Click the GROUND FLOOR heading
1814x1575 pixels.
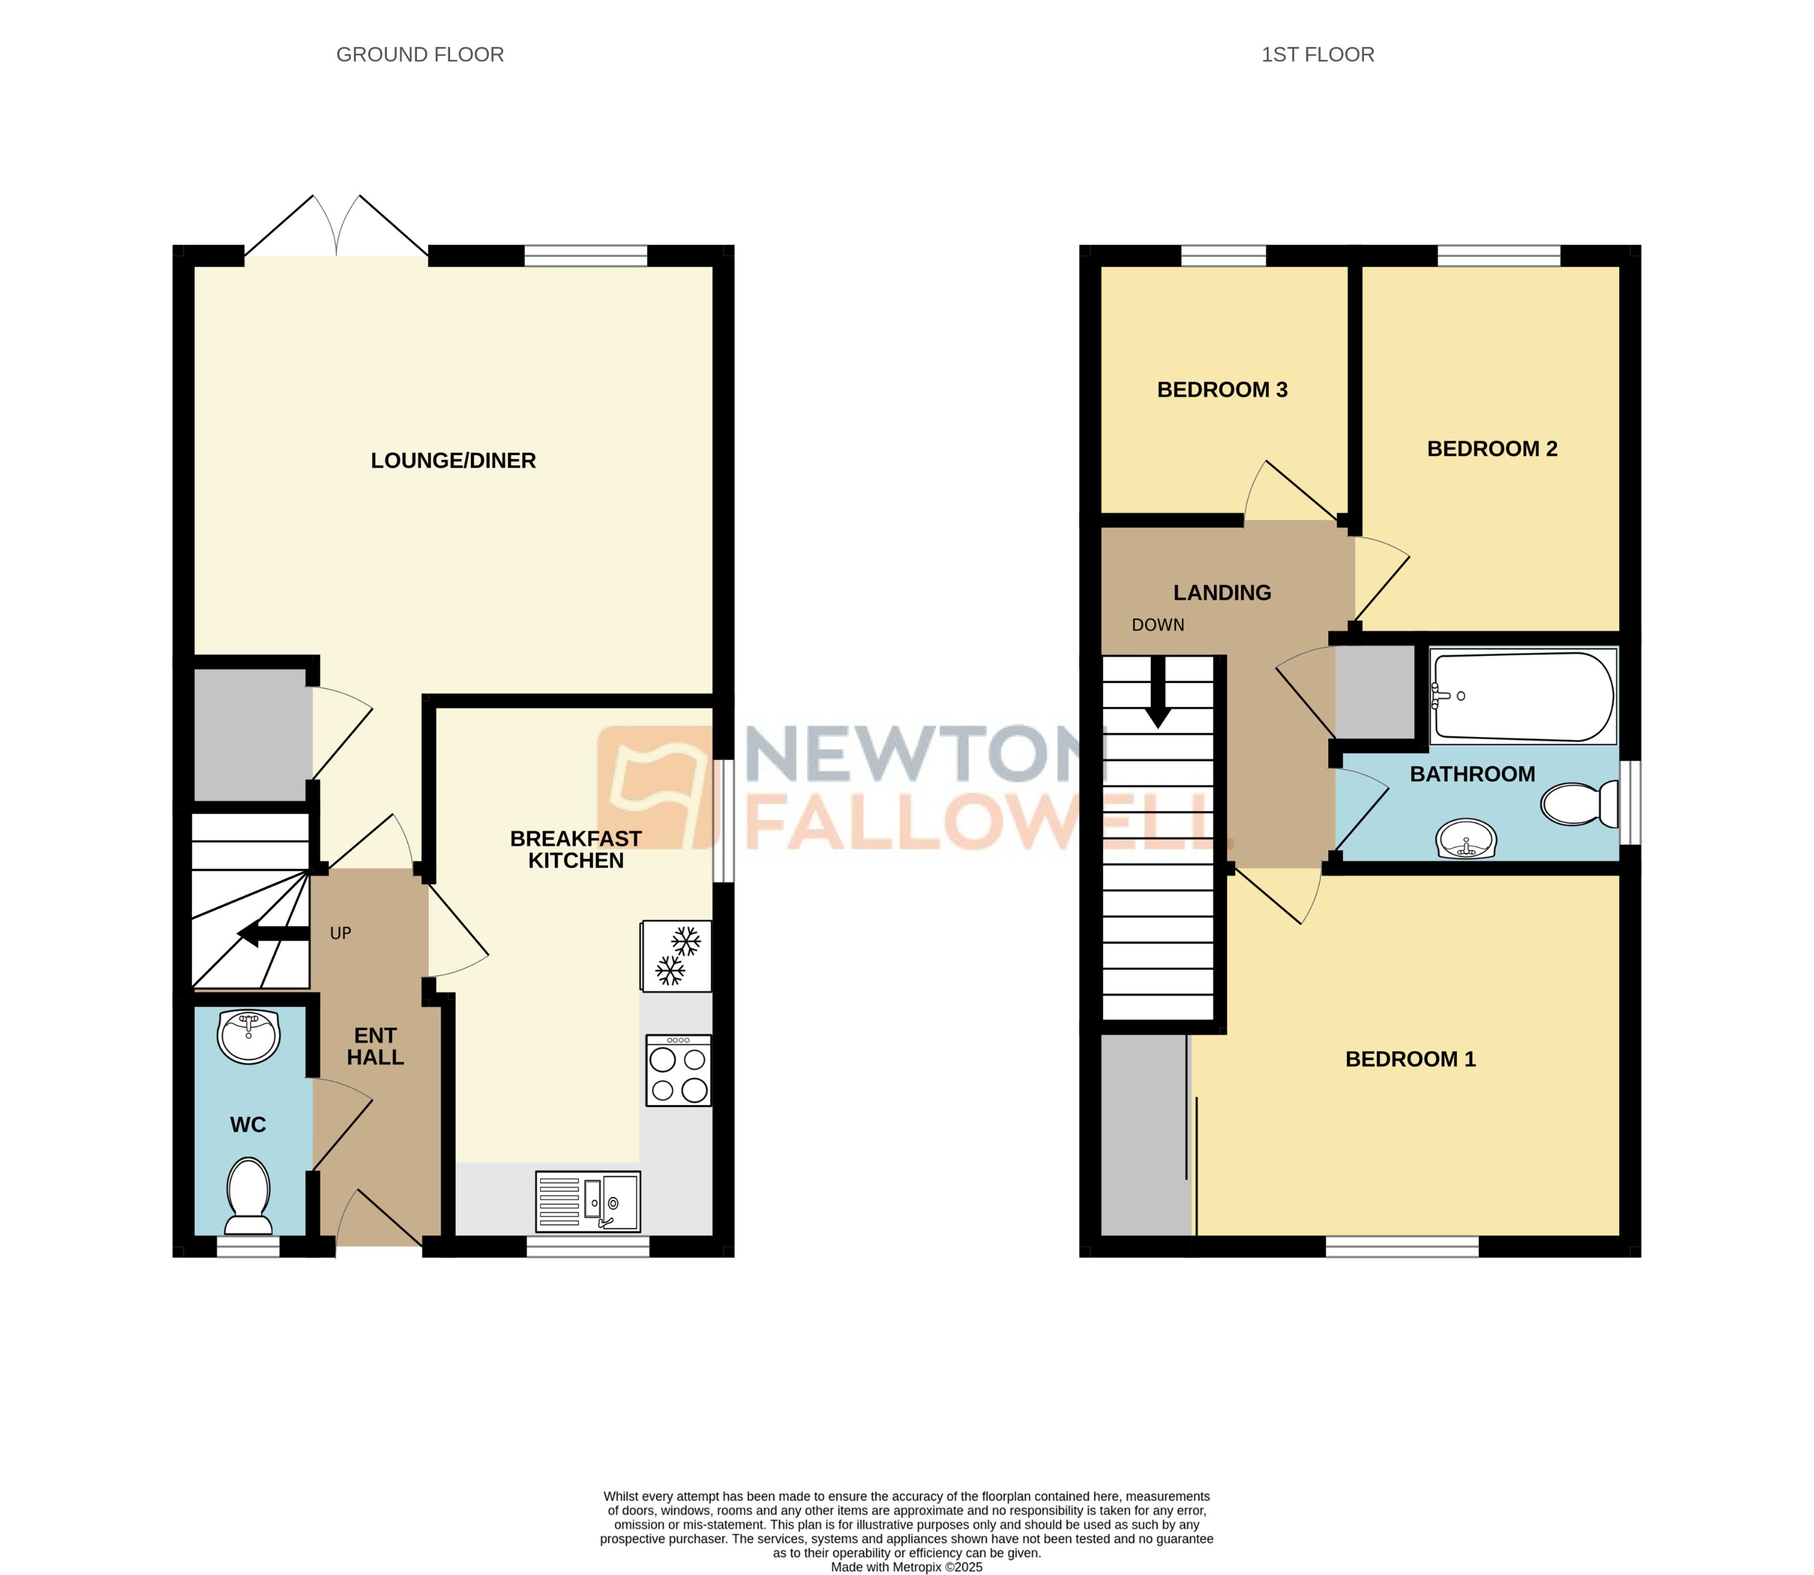(x=420, y=54)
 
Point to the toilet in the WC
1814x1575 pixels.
(x=249, y=1195)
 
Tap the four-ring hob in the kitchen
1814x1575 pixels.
(x=678, y=1069)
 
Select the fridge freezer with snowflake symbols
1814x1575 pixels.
(x=676, y=956)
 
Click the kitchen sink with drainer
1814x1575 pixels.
(x=588, y=1201)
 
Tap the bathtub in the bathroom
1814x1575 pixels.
(x=1522, y=695)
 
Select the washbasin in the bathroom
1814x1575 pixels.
(x=1465, y=839)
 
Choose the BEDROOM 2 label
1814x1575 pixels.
(x=1491, y=449)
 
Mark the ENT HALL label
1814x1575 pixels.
(x=375, y=1046)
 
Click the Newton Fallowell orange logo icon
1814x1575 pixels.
(x=654, y=787)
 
